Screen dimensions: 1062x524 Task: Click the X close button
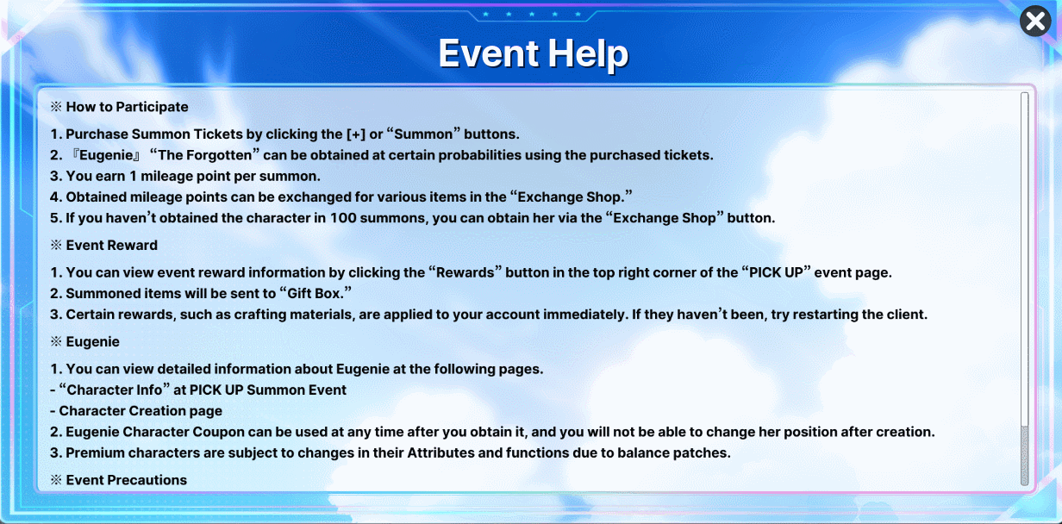click(1035, 22)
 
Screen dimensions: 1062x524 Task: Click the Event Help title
click(534, 53)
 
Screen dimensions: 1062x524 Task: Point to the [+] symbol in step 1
click(355, 134)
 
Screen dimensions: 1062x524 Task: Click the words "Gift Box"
click(315, 294)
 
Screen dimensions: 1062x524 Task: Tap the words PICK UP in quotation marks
click(776, 272)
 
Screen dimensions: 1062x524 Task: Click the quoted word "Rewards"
click(465, 272)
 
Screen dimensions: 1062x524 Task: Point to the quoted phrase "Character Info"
click(115, 390)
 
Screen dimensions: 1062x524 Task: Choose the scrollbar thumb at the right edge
click(1025, 454)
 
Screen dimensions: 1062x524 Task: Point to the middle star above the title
click(532, 15)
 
